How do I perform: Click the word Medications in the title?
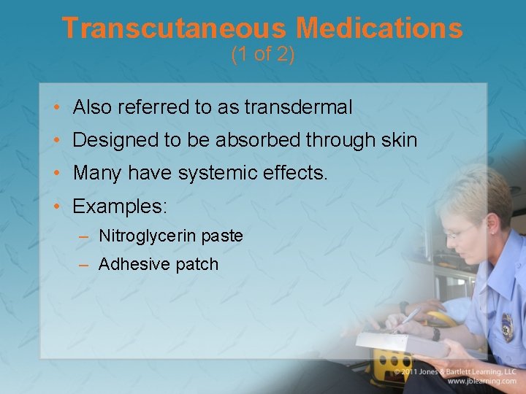pyautogui.click(x=379, y=28)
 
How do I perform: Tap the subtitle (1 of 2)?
pyautogui.click(x=262, y=55)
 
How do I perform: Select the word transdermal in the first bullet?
pyautogui.click(x=298, y=108)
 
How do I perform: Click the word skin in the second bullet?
pyautogui.click(x=399, y=139)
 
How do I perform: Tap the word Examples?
pyautogui.click(x=119, y=206)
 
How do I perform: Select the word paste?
pyautogui.click(x=222, y=236)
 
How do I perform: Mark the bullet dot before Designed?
pyautogui.click(x=57, y=140)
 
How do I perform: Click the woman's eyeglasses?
pyautogui.click(x=460, y=233)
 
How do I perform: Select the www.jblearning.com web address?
pyautogui.click(x=481, y=381)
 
